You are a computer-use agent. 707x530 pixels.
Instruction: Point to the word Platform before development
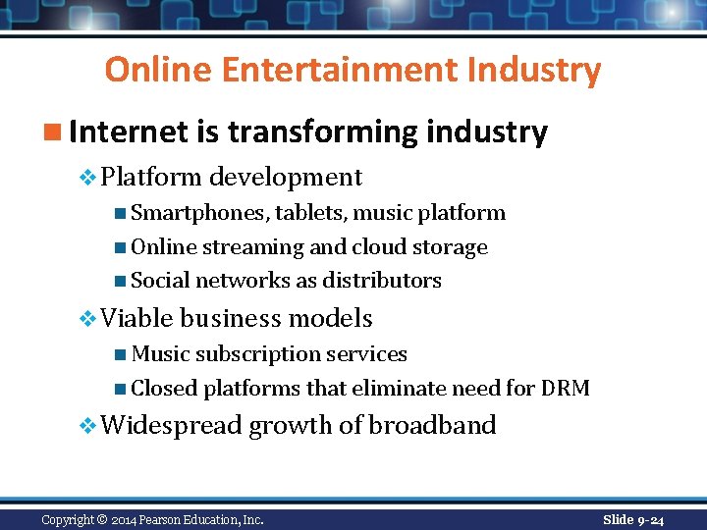151,178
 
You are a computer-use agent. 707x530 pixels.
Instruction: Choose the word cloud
379,247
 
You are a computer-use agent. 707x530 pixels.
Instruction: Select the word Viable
136,319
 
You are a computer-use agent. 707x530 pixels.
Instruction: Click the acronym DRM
565,389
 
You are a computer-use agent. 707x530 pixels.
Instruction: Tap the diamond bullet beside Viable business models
88,319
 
